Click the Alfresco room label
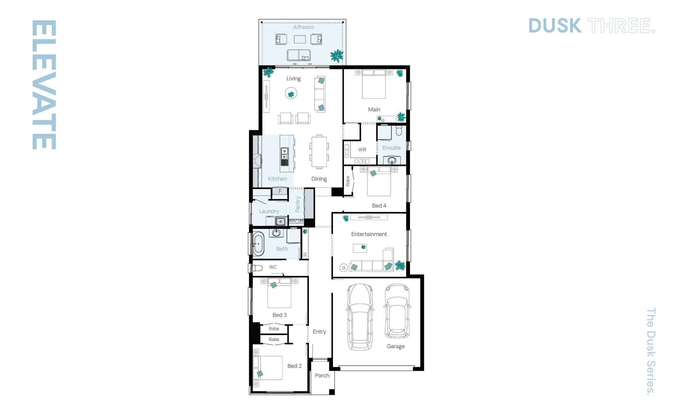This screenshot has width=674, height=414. point(303,27)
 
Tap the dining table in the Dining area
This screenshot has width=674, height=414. point(319,152)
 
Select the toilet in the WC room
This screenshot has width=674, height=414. point(257,268)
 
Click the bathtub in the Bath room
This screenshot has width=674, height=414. point(258,244)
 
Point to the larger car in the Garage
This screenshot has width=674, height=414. point(360,317)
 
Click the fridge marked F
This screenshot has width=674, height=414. point(280,191)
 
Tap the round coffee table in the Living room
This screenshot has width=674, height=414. point(291,93)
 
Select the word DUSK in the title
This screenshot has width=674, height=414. point(555,26)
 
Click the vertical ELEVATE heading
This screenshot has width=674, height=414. point(44,85)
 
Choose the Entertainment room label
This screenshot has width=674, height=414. point(369,234)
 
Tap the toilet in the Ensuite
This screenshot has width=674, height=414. point(399,131)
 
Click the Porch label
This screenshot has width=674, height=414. point(322,375)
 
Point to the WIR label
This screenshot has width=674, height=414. point(362,150)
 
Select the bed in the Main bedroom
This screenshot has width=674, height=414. point(374,85)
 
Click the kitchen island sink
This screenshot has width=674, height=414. point(284,154)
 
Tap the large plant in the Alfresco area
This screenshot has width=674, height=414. point(336,56)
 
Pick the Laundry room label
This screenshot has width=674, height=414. point(269,211)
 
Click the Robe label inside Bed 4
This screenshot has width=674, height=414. point(348,181)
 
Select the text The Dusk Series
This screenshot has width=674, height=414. point(651,351)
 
